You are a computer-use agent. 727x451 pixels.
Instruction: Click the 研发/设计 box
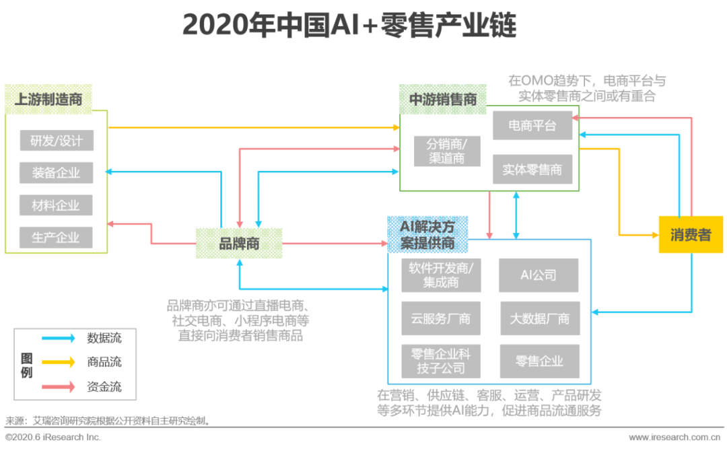point(57,141)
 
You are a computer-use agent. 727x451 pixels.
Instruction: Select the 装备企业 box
point(57,173)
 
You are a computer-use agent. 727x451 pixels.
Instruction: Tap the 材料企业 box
point(57,205)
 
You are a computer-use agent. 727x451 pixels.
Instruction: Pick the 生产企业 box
point(57,238)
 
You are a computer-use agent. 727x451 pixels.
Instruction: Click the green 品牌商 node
point(239,243)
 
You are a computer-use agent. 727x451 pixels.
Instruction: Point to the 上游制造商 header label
point(48,100)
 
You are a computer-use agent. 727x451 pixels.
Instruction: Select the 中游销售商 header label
point(443,100)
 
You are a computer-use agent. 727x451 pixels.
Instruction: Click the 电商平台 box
point(532,126)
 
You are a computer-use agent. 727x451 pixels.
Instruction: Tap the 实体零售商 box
point(532,170)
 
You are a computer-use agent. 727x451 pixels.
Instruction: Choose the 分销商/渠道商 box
point(447,151)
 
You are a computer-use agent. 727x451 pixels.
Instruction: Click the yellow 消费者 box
point(691,235)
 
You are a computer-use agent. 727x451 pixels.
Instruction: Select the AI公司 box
point(539,275)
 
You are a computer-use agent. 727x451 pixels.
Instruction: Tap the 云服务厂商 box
point(441,318)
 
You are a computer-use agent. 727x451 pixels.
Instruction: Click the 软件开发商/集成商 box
point(441,275)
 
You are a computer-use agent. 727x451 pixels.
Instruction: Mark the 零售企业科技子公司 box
point(441,361)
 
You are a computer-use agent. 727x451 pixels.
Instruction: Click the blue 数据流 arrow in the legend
point(58,339)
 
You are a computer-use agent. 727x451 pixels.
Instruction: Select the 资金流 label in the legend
point(104,387)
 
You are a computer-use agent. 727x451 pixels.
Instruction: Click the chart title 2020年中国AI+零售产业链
point(349,26)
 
